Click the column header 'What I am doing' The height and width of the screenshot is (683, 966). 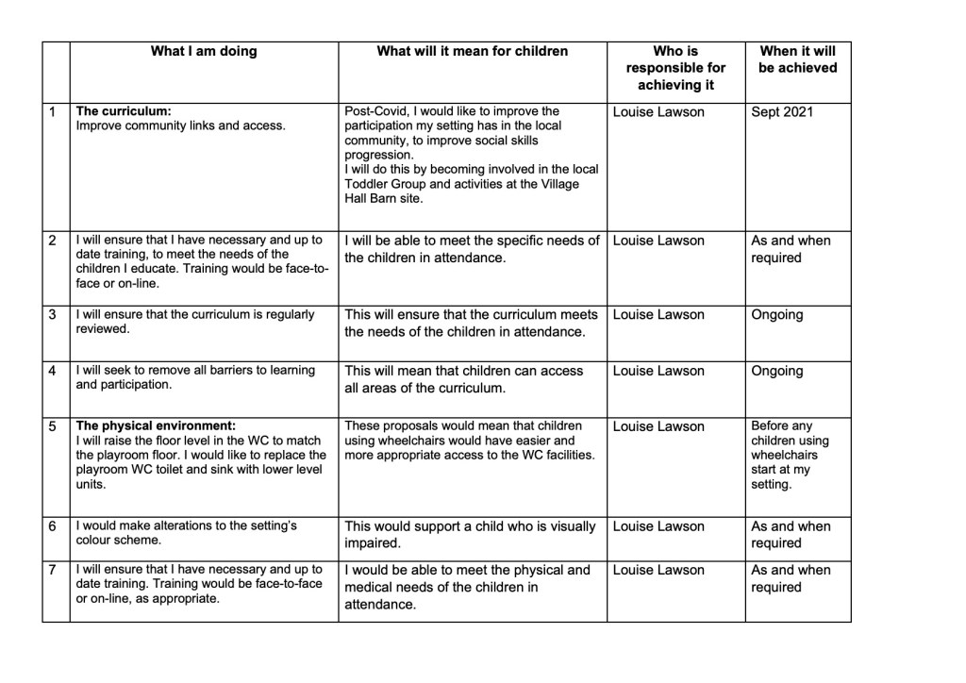click(204, 52)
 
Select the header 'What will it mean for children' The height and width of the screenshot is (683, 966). click(472, 52)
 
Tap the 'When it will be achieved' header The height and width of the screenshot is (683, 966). click(797, 59)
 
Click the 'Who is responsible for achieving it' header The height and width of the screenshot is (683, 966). click(675, 68)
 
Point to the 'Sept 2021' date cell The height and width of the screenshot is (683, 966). click(781, 112)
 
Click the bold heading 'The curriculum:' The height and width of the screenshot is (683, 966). click(124, 111)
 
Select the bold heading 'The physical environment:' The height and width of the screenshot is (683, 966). click(156, 426)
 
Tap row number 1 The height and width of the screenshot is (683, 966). click(54, 112)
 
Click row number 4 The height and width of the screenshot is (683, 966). click(54, 371)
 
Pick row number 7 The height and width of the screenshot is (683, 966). click(54, 570)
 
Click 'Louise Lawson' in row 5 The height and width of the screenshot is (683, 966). click(658, 426)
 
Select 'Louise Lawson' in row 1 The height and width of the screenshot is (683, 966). click(658, 112)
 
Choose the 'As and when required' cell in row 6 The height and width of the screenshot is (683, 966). click(791, 535)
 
